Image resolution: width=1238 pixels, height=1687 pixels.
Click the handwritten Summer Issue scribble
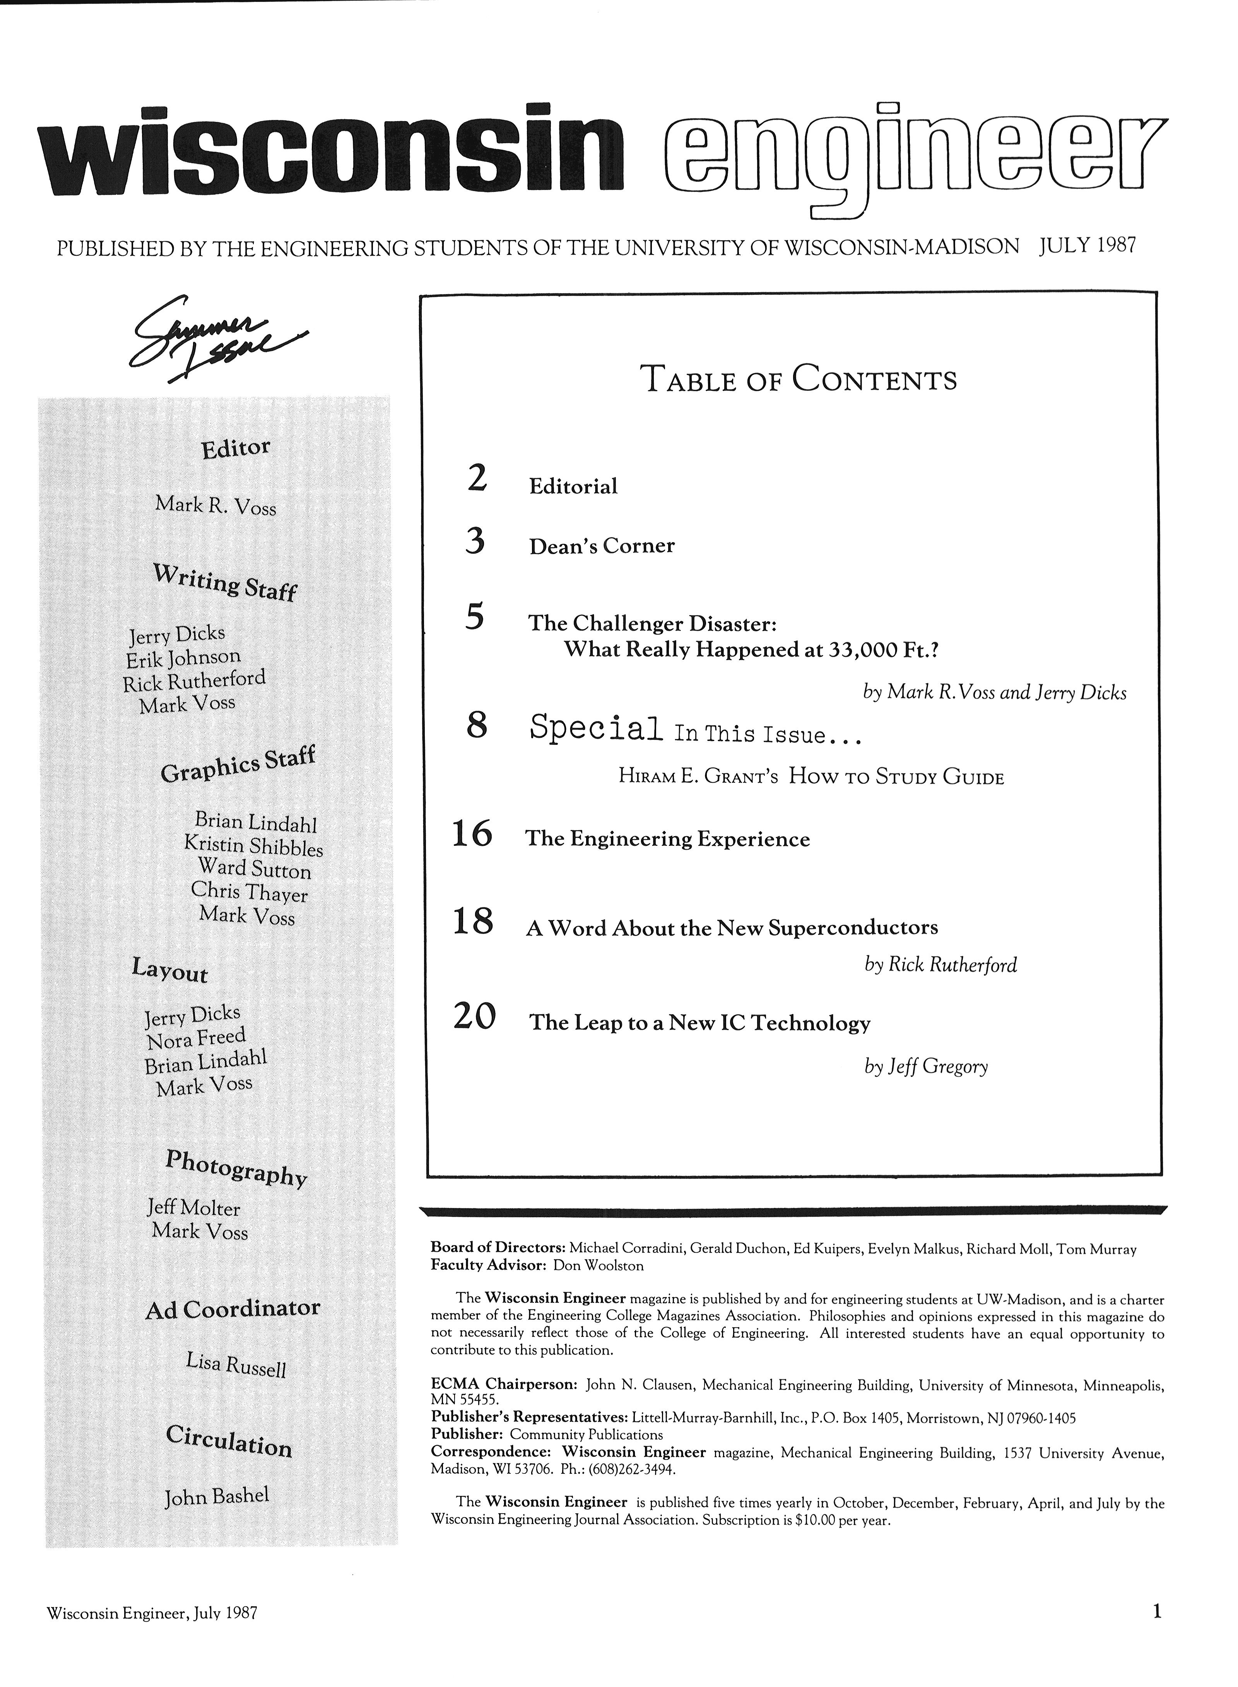tap(217, 337)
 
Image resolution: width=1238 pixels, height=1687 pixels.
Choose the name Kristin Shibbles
tap(253, 846)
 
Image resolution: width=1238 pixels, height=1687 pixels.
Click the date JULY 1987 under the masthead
tap(1088, 246)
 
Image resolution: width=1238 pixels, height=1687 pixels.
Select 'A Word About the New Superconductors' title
tap(732, 928)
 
